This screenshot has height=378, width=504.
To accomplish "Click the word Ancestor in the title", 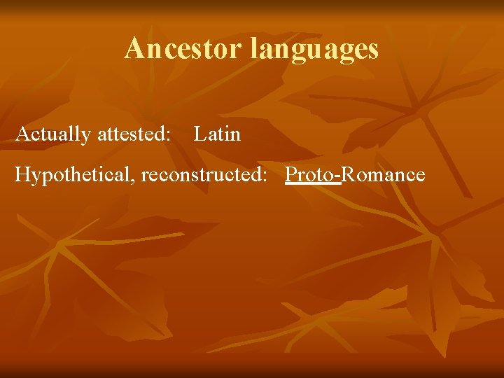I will pyautogui.click(x=184, y=49).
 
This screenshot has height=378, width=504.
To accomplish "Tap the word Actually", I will pyautogui.click(x=53, y=134).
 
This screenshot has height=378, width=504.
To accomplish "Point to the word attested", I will pyautogui.click(x=134, y=134).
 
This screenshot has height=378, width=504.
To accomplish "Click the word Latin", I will pyautogui.click(x=217, y=134).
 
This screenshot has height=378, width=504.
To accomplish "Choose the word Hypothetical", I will pyautogui.click(x=74, y=175).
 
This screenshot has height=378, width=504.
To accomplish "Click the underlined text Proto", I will pyautogui.click(x=311, y=174).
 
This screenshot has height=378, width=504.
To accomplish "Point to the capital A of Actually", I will pyautogui.click(x=22, y=134).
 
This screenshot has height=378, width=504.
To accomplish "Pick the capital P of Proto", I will pyautogui.click(x=290, y=174).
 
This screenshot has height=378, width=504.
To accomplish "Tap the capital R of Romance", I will pyautogui.click(x=347, y=174).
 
